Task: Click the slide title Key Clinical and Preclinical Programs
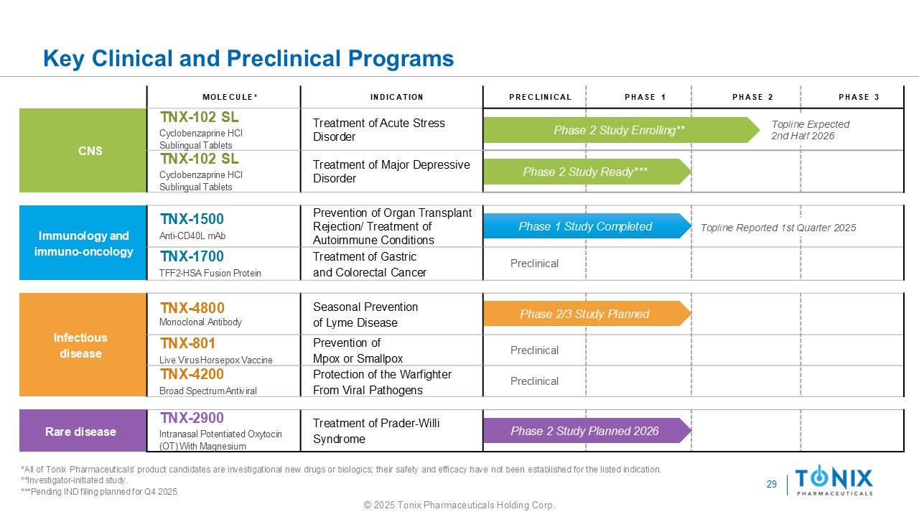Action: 248,58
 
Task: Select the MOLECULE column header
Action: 230,97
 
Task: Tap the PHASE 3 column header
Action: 859,97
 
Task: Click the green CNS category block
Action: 83,151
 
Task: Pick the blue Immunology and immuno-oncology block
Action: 83,243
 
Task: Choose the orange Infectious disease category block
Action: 83,345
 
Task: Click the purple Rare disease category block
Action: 83,432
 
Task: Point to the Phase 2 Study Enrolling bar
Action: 619,130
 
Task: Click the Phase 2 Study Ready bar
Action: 585,172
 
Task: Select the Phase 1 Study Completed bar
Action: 585,227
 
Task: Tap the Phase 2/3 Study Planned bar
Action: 584,314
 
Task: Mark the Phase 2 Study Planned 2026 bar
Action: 584,431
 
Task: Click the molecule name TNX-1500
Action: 192,219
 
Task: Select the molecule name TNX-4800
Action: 192,308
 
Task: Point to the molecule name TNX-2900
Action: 192,418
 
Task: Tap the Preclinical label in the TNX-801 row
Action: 534,350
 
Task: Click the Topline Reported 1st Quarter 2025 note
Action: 778,228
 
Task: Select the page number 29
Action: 772,485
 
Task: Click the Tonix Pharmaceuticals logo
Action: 834,480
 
